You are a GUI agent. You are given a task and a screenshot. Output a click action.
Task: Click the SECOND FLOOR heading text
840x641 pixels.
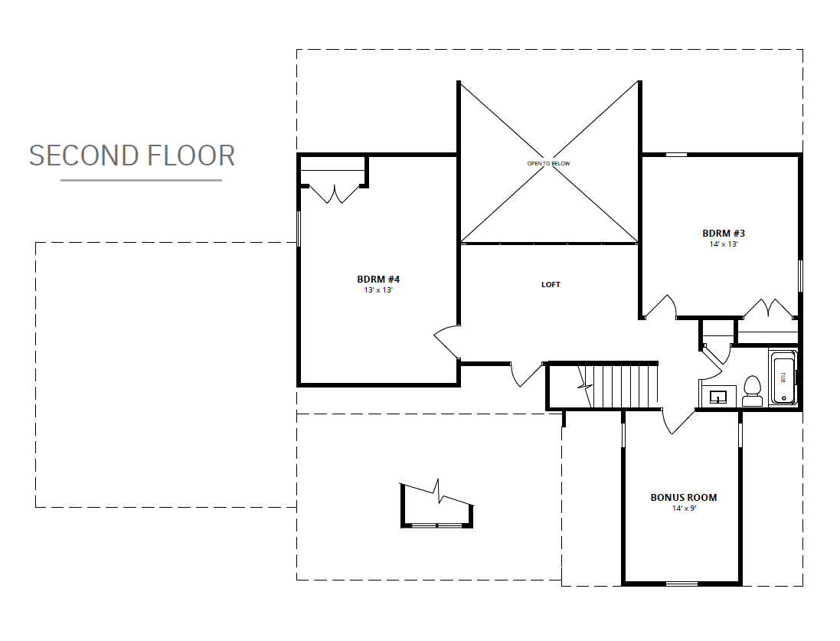tap(132, 155)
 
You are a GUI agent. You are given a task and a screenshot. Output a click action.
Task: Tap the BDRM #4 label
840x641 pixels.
tap(378, 280)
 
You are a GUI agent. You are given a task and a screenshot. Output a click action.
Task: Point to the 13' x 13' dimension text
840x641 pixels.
tap(378, 290)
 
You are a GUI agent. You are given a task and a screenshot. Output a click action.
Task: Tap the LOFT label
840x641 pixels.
tap(551, 285)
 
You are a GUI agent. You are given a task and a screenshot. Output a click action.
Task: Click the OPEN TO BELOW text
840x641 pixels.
tap(548, 164)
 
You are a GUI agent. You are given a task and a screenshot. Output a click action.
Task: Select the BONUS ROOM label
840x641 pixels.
tap(684, 498)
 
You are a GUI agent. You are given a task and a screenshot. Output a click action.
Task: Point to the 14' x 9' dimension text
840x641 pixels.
tap(684, 509)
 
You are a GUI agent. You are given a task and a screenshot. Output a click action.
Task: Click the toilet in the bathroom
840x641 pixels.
tap(752, 391)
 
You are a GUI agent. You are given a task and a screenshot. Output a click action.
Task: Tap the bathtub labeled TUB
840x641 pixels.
tap(782, 377)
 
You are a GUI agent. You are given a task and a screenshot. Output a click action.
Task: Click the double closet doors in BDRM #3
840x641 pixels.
tap(770, 308)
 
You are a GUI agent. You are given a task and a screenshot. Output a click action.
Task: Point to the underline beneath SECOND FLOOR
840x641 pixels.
tap(141, 181)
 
